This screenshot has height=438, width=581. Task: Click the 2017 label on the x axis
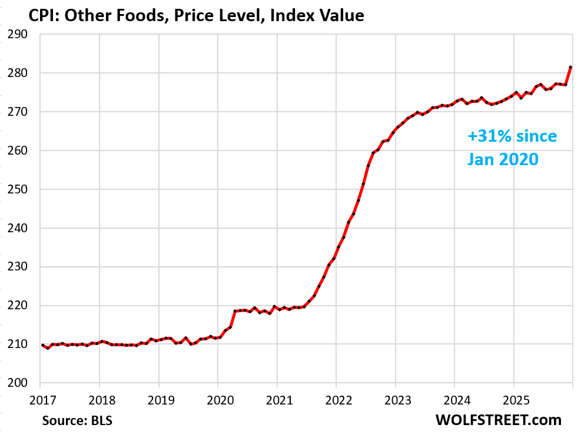tap(40, 400)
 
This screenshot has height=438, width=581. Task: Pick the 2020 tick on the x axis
tap(218, 400)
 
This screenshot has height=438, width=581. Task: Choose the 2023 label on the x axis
tap(395, 400)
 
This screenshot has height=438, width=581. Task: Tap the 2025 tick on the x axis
tap(513, 400)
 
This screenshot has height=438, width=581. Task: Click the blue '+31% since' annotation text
tap(512, 136)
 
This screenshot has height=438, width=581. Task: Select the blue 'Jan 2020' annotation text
tap(503, 158)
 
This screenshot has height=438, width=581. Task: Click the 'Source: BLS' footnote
tap(78, 420)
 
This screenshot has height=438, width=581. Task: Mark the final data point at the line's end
tap(570, 68)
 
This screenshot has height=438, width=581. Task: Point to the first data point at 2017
tap(42, 345)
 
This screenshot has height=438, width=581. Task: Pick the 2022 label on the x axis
tap(336, 400)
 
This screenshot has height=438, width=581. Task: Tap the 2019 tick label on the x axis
tap(158, 400)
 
